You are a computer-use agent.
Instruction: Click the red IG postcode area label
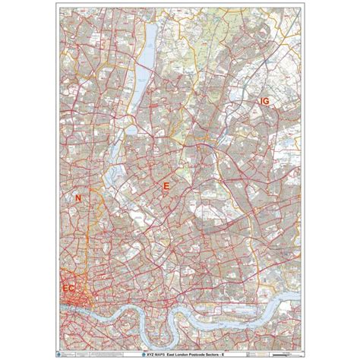[x=264, y=100]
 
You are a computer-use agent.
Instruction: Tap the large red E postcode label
[x=166, y=185]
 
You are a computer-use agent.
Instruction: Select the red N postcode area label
[x=77, y=198]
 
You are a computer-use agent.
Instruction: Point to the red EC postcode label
[x=69, y=289]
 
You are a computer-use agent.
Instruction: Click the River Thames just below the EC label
[x=76, y=307]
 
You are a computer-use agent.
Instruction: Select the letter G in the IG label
[x=267, y=100]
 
